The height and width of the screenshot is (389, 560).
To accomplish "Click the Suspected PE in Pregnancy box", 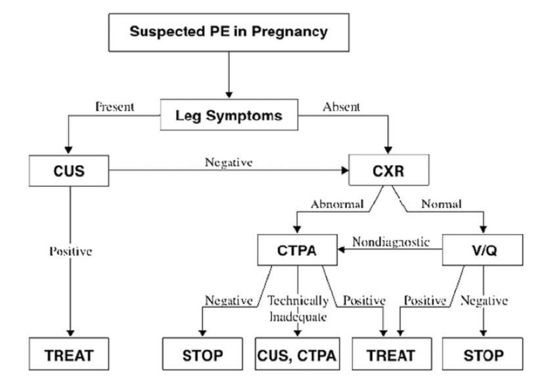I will pyautogui.click(x=229, y=32).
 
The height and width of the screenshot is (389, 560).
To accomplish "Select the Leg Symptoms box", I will pyautogui.click(x=229, y=115).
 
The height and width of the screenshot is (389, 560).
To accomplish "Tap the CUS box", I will pyautogui.click(x=69, y=171).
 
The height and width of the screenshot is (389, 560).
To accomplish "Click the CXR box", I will pyautogui.click(x=388, y=170).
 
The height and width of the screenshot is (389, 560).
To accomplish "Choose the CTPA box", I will pyautogui.click(x=297, y=250).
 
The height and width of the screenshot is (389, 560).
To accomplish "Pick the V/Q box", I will pyautogui.click(x=483, y=250).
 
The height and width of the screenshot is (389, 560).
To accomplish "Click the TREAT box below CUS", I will pyautogui.click(x=69, y=355).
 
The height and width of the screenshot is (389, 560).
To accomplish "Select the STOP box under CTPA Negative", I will pyautogui.click(x=203, y=355).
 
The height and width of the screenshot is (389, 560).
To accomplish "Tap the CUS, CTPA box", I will pyautogui.click(x=297, y=355).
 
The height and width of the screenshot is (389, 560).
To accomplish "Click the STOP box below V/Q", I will pyautogui.click(x=483, y=355).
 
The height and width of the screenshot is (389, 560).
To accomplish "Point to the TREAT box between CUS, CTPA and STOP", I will pyautogui.click(x=391, y=355).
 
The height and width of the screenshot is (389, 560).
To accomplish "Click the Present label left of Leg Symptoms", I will pyautogui.click(x=115, y=107).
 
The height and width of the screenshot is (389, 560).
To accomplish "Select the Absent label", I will pyautogui.click(x=341, y=107).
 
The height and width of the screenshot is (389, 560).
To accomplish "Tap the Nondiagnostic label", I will pyautogui.click(x=391, y=242).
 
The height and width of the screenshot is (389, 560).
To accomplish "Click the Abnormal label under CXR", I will pyautogui.click(x=337, y=204).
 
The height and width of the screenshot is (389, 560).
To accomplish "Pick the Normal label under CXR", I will pyautogui.click(x=441, y=204).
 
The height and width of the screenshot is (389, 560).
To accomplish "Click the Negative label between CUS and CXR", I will pyautogui.click(x=229, y=162).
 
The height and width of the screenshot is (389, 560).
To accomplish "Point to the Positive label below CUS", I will pyautogui.click(x=71, y=251).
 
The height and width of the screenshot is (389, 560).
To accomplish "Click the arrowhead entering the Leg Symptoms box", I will pyautogui.click(x=229, y=95).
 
